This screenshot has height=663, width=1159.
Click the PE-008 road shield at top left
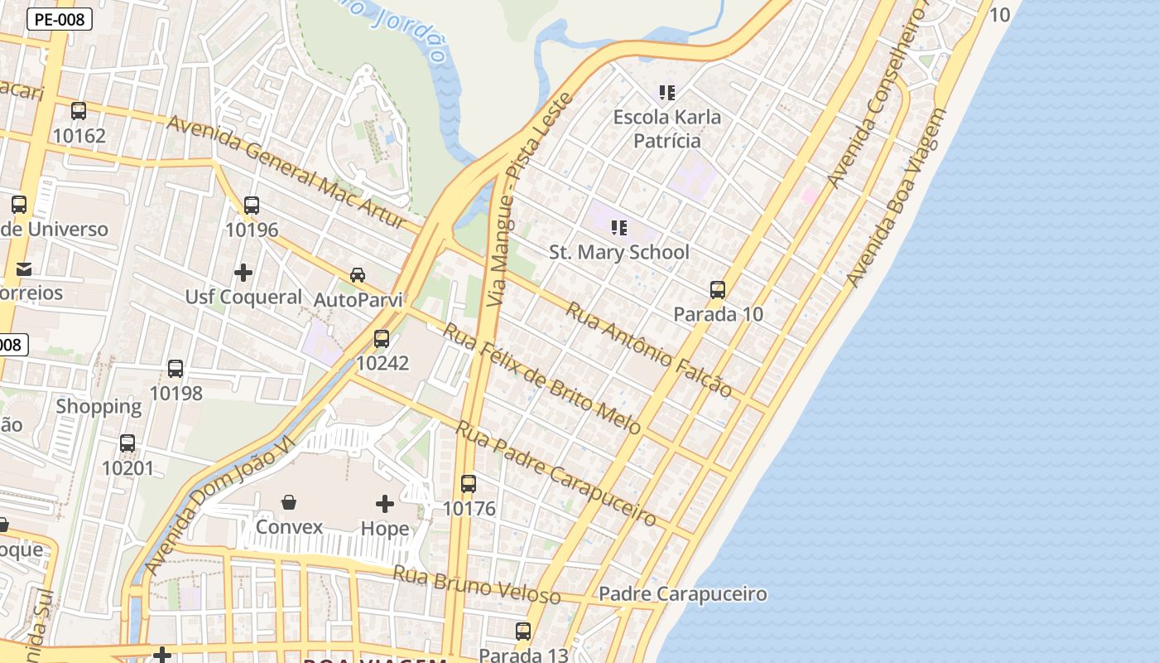click(x=60, y=19)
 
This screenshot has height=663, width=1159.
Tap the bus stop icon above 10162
click(x=79, y=111)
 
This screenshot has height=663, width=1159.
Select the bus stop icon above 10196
click(x=252, y=206)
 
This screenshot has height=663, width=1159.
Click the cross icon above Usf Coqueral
click(x=243, y=272)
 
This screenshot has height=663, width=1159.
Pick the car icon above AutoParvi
click(x=358, y=274)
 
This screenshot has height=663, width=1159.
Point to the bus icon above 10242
click(x=382, y=339)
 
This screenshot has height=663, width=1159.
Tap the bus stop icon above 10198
click(x=176, y=369)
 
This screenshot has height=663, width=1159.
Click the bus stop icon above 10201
click(x=127, y=443)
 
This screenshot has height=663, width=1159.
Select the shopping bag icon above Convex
click(x=289, y=502)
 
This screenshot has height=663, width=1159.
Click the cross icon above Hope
click(x=385, y=503)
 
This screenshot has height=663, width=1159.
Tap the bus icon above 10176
click(x=469, y=484)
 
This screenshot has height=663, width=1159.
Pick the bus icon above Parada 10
click(x=718, y=290)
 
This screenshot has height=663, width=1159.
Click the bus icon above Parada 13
click(x=523, y=632)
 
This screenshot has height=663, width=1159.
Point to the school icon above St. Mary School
click(x=619, y=227)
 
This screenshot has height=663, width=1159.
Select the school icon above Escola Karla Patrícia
click(x=667, y=93)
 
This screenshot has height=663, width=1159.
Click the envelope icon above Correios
click(x=23, y=269)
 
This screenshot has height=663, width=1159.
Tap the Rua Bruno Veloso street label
click(x=476, y=585)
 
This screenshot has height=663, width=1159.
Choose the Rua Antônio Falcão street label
click(x=648, y=349)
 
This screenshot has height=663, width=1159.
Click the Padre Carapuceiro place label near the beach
click(x=682, y=594)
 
